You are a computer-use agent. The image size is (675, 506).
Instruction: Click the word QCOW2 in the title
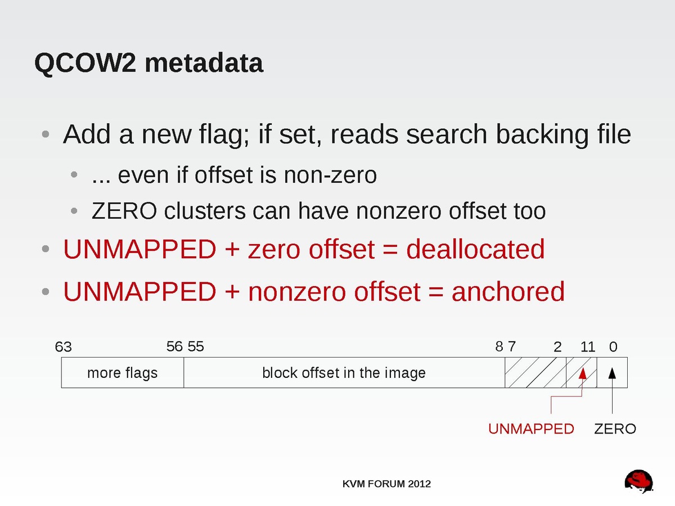(85, 64)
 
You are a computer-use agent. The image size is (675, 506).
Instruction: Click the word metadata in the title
(204, 62)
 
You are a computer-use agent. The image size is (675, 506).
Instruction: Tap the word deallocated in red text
(475, 249)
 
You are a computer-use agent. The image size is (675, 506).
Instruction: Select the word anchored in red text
(508, 291)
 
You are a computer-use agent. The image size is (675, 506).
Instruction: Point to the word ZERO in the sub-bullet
(124, 211)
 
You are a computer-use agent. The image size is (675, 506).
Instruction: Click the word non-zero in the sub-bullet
(330, 175)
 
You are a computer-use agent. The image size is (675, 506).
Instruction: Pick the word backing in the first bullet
(542, 134)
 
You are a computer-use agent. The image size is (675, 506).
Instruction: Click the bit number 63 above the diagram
(64, 347)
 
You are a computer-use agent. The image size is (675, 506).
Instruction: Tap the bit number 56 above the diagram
(174, 347)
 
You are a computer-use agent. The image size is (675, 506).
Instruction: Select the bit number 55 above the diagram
(196, 347)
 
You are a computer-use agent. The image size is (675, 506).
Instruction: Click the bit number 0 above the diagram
(613, 347)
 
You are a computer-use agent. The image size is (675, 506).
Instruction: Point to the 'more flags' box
(123, 373)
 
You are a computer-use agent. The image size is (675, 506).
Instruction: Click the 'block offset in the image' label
(344, 373)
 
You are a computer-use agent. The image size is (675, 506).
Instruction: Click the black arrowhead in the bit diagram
(612, 373)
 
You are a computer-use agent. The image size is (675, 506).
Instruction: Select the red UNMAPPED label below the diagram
(531, 429)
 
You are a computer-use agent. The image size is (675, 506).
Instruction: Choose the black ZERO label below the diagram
(615, 429)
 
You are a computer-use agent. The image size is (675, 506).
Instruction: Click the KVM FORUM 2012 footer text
(386, 484)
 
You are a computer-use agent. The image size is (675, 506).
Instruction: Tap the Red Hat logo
(638, 481)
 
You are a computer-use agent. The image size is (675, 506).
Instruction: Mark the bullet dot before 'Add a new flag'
(46, 134)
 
